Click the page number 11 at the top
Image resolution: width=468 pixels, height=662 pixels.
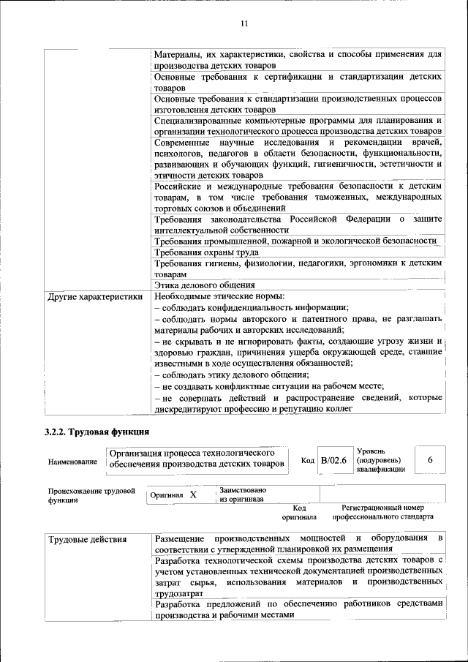(x=244, y=23)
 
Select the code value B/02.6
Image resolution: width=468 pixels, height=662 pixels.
(x=333, y=460)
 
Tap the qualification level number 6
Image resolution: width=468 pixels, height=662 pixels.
(x=430, y=459)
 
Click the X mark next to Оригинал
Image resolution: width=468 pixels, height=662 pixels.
(x=193, y=494)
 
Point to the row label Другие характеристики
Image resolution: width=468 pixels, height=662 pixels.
(x=94, y=297)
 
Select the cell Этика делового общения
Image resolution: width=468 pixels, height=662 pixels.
(x=205, y=285)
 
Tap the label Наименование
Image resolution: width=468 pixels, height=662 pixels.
(x=72, y=462)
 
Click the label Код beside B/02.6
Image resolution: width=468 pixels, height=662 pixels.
(x=308, y=460)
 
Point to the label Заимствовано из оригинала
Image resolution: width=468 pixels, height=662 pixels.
(x=242, y=494)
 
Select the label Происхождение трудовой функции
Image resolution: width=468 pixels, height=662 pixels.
(x=91, y=495)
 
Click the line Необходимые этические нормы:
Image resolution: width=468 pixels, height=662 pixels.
(x=219, y=297)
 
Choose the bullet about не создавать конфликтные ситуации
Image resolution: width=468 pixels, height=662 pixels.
(x=269, y=385)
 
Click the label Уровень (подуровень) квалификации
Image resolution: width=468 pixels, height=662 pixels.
(x=380, y=460)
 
